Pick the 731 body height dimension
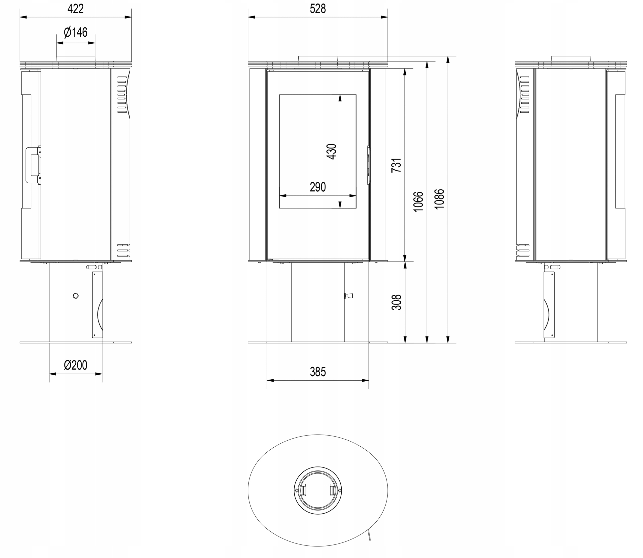pyautogui.click(x=396, y=165)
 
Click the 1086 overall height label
pyautogui.click(x=439, y=199)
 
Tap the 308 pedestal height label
pyautogui.click(x=396, y=302)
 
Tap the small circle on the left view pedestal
pyautogui.click(x=75, y=296)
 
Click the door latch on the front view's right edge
pyautogui.click(x=369, y=165)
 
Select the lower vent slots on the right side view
pyautogui.click(x=523, y=250)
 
